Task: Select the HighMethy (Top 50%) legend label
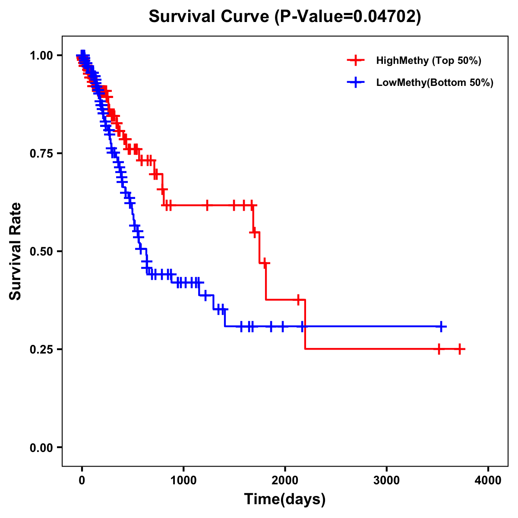coord(428,60)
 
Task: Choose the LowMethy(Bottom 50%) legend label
coord(435,82)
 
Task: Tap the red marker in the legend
coord(356,60)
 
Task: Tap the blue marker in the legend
coord(356,82)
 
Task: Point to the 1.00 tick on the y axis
coord(41,55)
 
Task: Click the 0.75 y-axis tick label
coord(41,153)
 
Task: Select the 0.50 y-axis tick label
coord(41,251)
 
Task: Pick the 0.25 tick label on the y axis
coord(41,349)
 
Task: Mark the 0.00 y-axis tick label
coord(41,447)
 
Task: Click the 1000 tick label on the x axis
coord(183,480)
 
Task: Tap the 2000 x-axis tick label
coord(285,480)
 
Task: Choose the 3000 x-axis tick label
coord(386,480)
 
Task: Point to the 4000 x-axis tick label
coord(488,480)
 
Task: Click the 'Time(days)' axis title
coord(285,499)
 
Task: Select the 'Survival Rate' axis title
coord(16,251)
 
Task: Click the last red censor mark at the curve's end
coord(460,349)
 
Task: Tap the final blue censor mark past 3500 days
coord(441,326)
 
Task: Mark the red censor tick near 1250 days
coord(207,205)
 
